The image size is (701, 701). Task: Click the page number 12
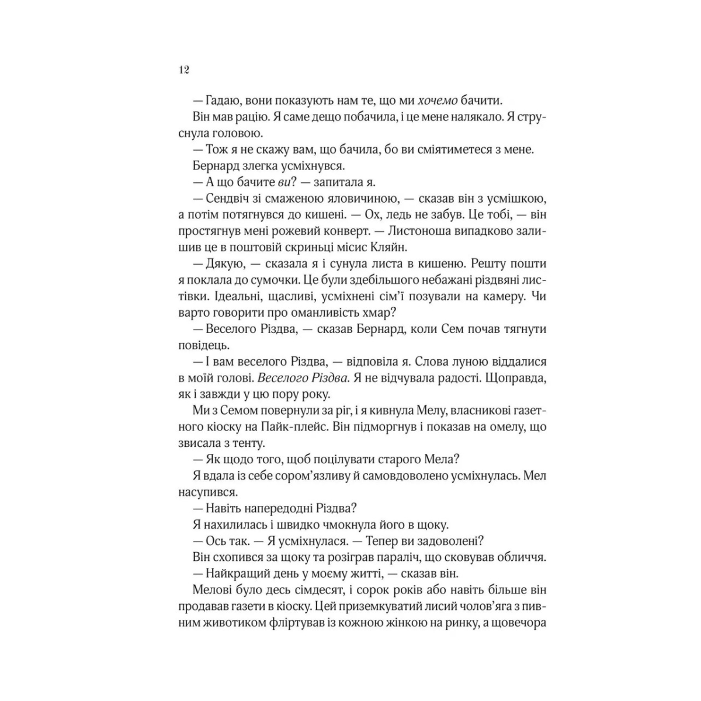(x=182, y=70)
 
